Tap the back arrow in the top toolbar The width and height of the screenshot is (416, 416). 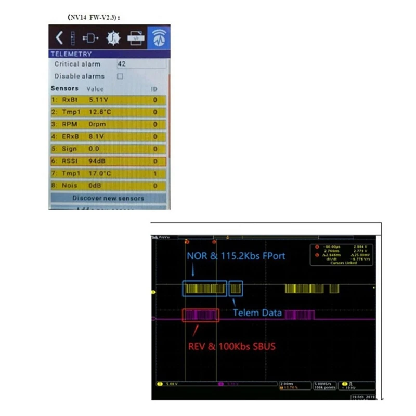[x=59, y=37]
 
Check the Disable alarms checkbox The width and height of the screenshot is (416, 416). [x=120, y=76]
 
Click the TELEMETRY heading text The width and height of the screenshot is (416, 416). [x=71, y=54]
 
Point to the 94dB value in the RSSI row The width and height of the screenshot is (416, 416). [x=97, y=161]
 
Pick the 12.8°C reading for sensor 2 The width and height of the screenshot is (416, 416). [x=100, y=112]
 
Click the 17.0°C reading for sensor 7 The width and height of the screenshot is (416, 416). [x=100, y=173]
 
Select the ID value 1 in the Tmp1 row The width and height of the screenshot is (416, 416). [x=155, y=173]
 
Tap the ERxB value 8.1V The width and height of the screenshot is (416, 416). [x=96, y=136]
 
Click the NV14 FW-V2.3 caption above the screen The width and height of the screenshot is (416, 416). [x=94, y=17]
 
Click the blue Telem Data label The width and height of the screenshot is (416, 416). [x=257, y=313]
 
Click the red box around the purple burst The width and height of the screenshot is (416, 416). [x=201, y=315]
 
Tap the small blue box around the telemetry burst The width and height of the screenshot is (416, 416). [x=236, y=289]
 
